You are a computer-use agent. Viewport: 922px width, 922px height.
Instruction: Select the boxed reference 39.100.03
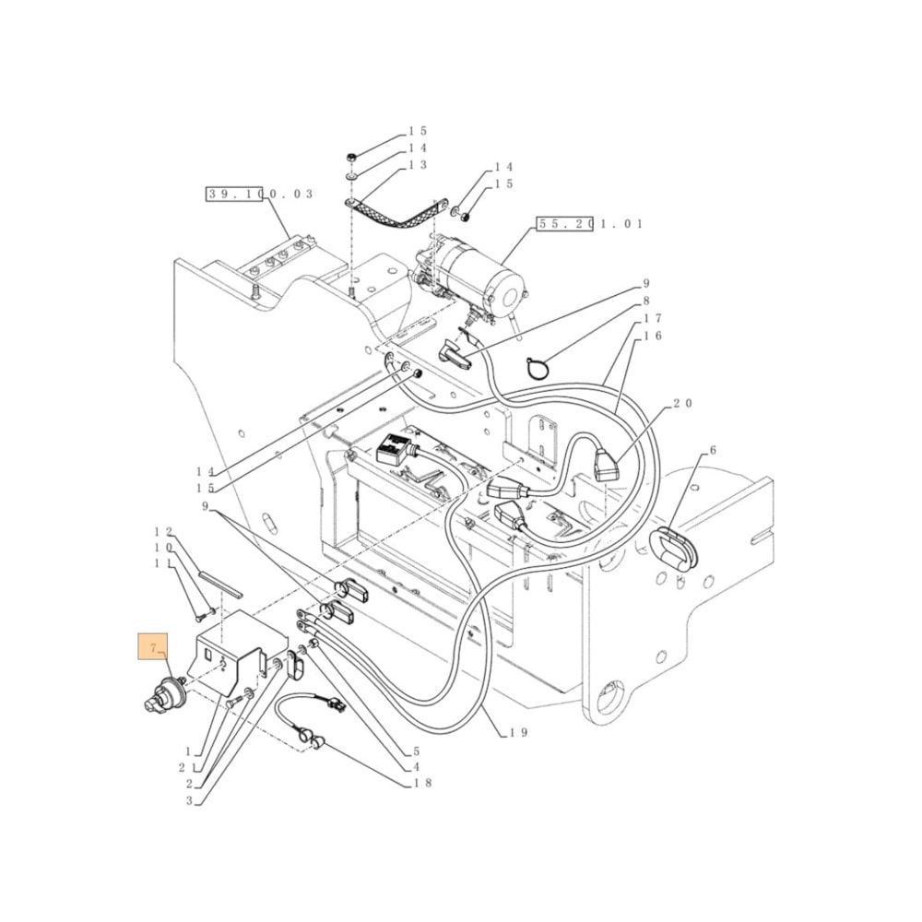click(x=259, y=194)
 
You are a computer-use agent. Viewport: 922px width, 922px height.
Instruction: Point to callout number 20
click(x=681, y=403)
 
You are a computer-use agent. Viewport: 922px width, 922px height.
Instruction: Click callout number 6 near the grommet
click(x=711, y=451)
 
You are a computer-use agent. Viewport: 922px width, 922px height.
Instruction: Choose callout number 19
click(x=519, y=733)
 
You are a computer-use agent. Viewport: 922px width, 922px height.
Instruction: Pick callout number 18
click(x=423, y=784)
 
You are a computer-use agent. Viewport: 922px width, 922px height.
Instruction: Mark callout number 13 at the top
click(x=418, y=165)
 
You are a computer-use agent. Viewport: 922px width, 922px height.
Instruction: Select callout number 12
click(x=163, y=532)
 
